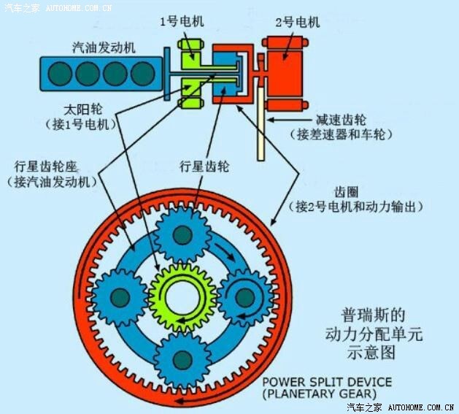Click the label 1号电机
pos(182,21)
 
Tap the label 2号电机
pos(298,22)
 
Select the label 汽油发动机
pos(104,47)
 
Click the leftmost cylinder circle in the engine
pos(60,74)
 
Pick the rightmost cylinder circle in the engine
pos(143,74)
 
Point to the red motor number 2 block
pos(285,73)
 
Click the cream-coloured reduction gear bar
pos(261,124)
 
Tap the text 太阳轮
pos(83,110)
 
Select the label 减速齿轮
pos(341,120)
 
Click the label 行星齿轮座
pos(46,166)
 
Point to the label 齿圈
pos(347,192)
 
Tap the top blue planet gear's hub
pos(183,235)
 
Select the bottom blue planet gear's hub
pos(182,360)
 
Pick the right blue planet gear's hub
pos(245,298)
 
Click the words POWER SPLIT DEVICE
pos(327,382)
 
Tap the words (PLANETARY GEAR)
pos(319,394)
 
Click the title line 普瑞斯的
pos(373,315)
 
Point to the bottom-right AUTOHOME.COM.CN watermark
pos(421,407)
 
